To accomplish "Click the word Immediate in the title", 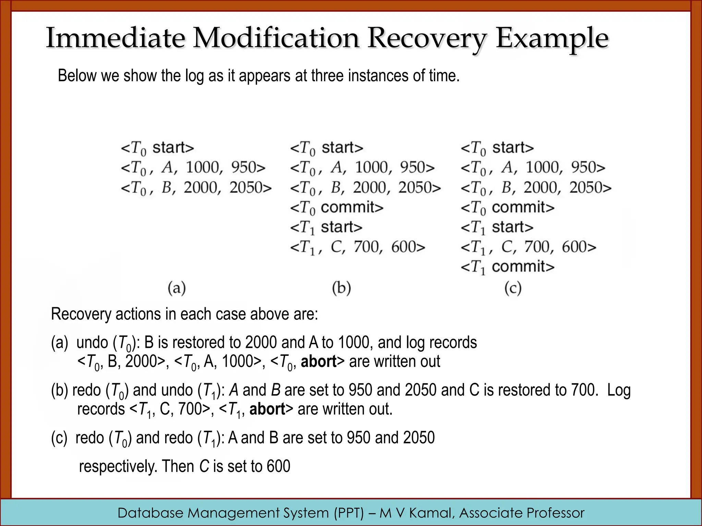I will click(x=116, y=38).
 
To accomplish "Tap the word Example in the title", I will click(x=552, y=38).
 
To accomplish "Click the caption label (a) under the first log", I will click(x=177, y=288).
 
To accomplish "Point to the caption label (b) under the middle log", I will click(x=341, y=288).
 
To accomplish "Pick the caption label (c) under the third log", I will click(x=513, y=288).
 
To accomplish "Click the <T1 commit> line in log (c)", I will click(x=507, y=267).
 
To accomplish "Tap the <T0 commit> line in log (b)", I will click(x=337, y=208).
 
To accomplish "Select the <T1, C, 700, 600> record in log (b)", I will click(x=358, y=247).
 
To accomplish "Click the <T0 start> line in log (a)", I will click(x=157, y=148).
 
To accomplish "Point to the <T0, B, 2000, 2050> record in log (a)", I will click(x=196, y=188).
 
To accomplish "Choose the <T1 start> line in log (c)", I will click(x=497, y=227).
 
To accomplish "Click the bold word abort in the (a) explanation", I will click(x=319, y=362).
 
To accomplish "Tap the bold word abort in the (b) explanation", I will click(x=267, y=409).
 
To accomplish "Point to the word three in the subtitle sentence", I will click(x=327, y=76).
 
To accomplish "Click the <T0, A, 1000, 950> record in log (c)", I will click(x=533, y=168).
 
